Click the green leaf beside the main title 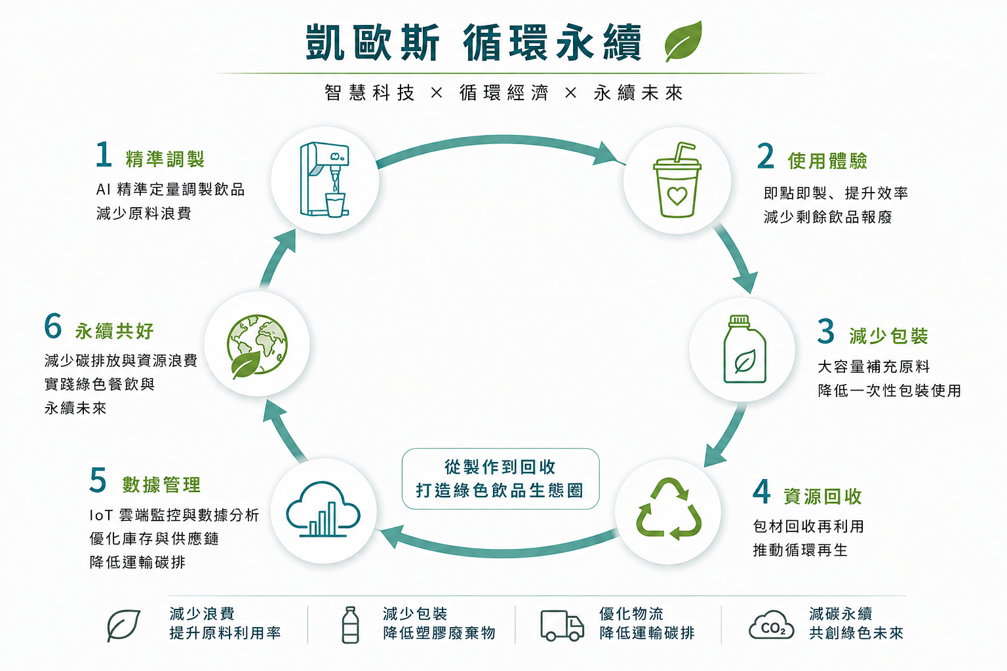tap(683, 41)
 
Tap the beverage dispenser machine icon tap(324, 180)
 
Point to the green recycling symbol tap(669, 508)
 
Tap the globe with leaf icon tap(257, 346)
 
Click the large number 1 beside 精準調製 tap(104, 154)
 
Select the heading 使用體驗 tap(827, 161)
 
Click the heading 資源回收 tap(822, 496)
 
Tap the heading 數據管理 tap(161, 484)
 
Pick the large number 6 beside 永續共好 tap(52, 326)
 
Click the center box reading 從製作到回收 tap(500, 478)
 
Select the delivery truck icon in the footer tap(562, 625)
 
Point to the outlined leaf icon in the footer tap(124, 625)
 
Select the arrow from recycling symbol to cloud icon tap(499, 552)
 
